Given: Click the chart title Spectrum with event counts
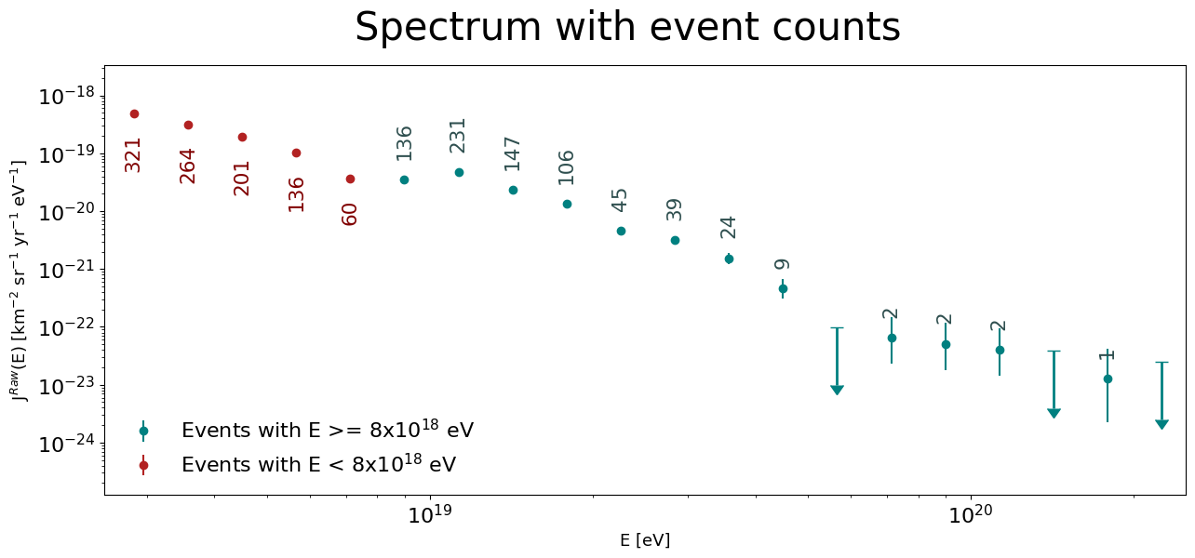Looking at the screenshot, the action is [x=627, y=27].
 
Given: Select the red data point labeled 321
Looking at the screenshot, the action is [x=134, y=114].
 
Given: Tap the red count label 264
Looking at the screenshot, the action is [x=188, y=166].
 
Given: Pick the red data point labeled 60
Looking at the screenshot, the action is [x=350, y=179].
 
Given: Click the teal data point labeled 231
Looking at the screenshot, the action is [x=459, y=173].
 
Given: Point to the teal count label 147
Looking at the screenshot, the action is [x=512, y=154].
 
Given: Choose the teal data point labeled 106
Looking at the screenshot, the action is [x=567, y=204].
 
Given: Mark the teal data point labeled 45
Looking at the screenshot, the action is [x=621, y=232].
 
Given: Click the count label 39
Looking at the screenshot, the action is [x=675, y=210].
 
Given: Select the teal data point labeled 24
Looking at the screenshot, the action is [x=729, y=259].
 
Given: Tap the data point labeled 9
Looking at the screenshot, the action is [x=783, y=289].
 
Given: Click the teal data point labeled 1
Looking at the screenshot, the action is [x=1108, y=379].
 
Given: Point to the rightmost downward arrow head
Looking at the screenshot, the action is [x=1161, y=424].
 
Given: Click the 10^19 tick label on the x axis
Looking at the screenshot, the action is [x=430, y=513].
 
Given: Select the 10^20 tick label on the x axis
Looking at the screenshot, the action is [x=971, y=513].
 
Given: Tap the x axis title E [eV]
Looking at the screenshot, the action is [x=645, y=540].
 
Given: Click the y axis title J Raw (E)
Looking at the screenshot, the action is [x=18, y=281].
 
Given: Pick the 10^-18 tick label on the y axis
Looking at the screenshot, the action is [x=66, y=97].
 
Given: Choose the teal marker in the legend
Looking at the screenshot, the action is [x=143, y=431].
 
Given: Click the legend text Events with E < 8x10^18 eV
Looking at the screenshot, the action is [x=319, y=464].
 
